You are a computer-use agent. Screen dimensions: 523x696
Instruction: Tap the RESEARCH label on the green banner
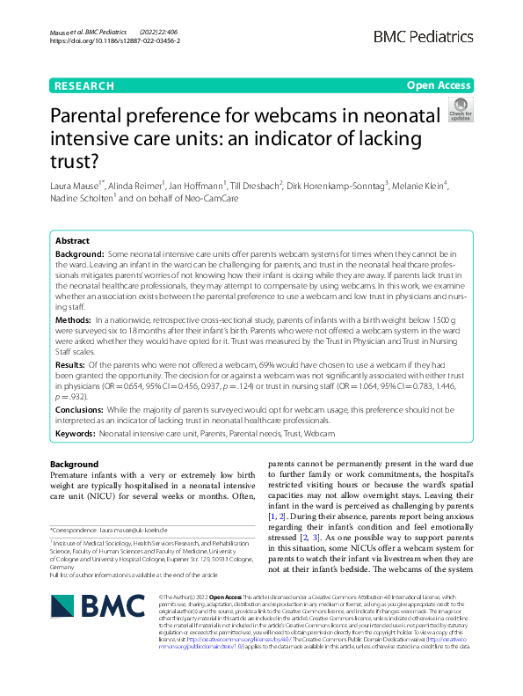click(84, 86)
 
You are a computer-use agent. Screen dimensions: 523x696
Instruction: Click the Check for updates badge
click(460, 111)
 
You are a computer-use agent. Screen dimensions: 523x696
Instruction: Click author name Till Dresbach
click(255, 187)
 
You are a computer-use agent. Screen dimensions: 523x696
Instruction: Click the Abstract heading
click(73, 240)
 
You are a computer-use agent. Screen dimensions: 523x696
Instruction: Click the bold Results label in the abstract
click(70, 363)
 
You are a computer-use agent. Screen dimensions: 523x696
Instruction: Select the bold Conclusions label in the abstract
click(80, 410)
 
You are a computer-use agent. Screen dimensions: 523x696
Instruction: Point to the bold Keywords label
click(76, 435)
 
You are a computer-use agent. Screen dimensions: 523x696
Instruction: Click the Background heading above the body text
click(75, 464)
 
